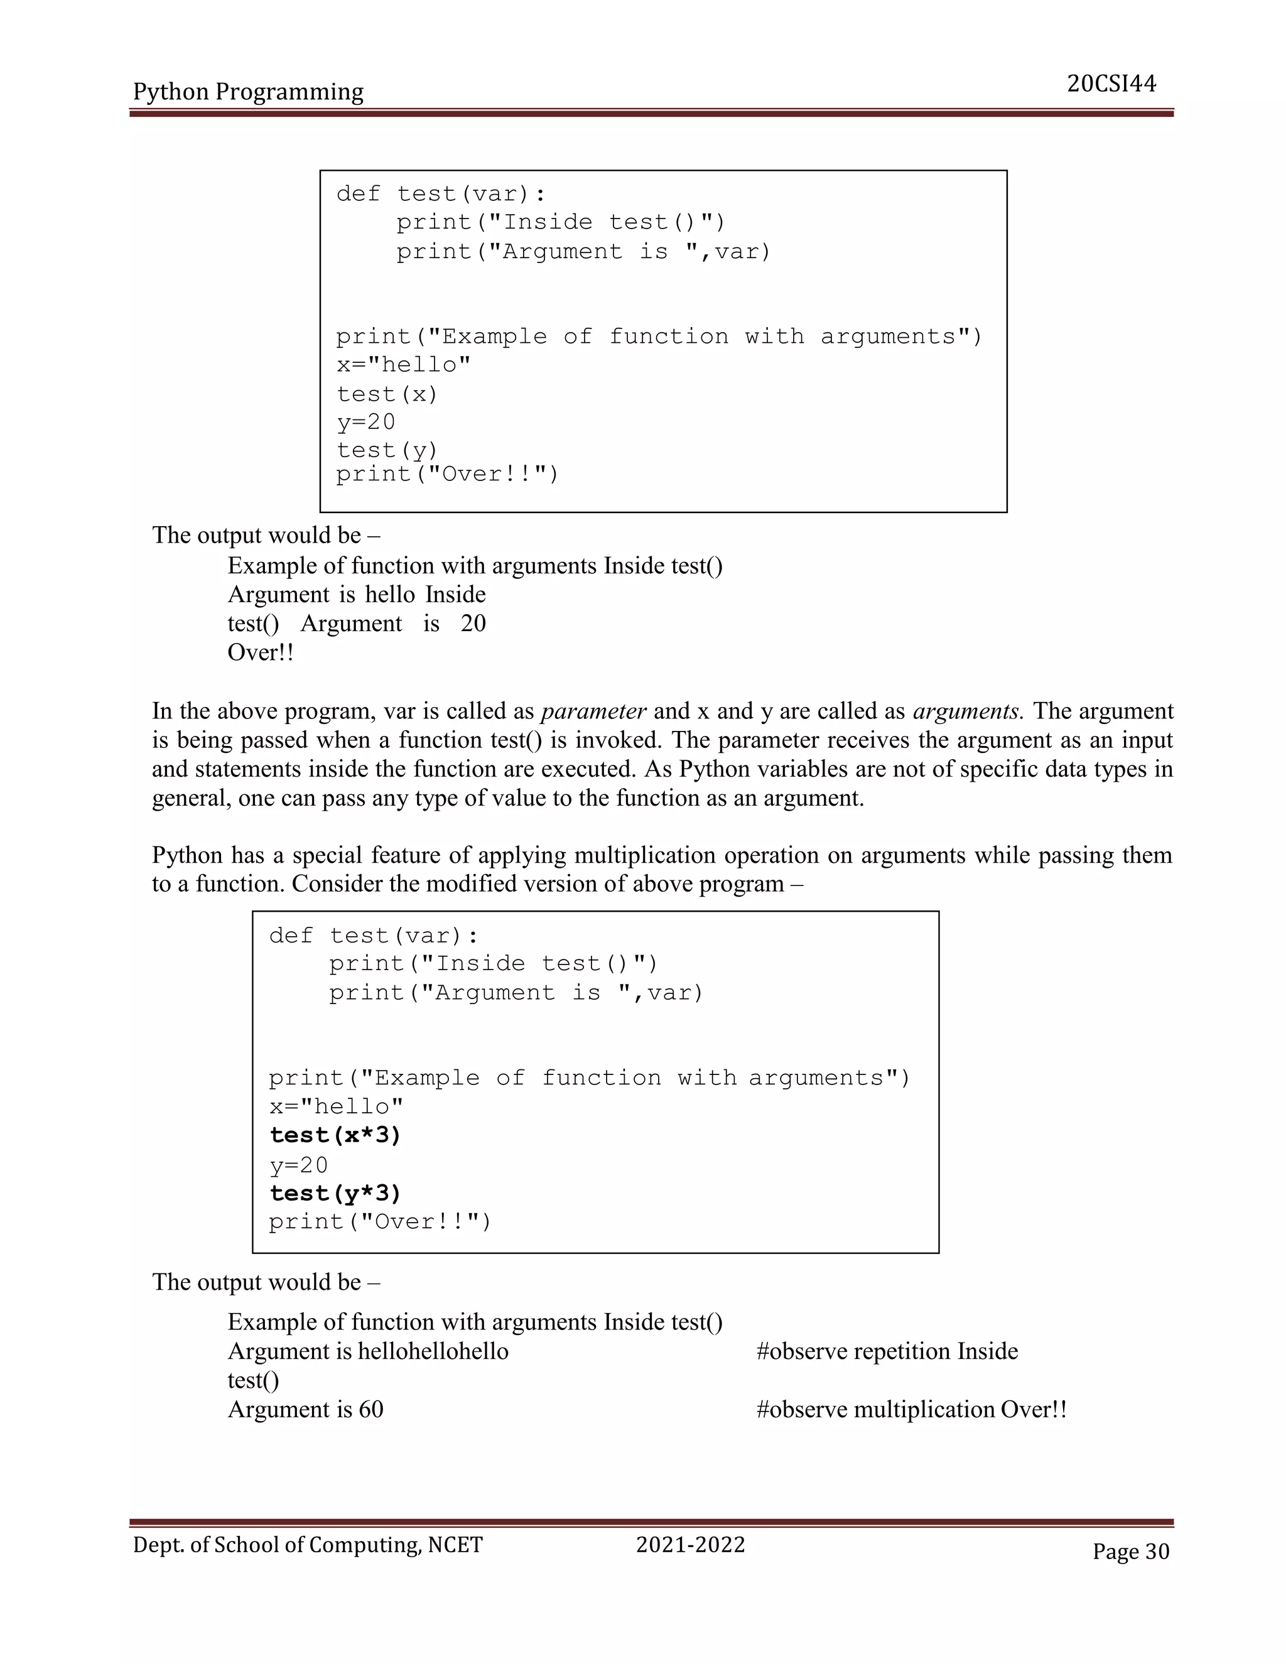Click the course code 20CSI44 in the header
pyautogui.click(x=1111, y=84)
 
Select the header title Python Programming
pyautogui.click(x=249, y=92)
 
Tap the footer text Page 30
pyautogui.click(x=1130, y=1550)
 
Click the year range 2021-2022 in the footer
pyautogui.click(x=690, y=1545)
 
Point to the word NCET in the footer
pyautogui.click(x=455, y=1545)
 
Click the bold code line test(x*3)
pyautogui.click(x=335, y=1135)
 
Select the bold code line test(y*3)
pyautogui.click(x=335, y=1193)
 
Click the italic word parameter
pyautogui.click(x=593, y=711)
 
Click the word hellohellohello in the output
pyautogui.click(x=433, y=1351)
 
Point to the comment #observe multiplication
pyautogui.click(x=875, y=1409)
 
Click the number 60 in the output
pyautogui.click(x=371, y=1409)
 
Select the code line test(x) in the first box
pyautogui.click(x=387, y=394)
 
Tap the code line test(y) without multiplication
pyautogui.click(x=387, y=450)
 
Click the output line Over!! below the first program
pyautogui.click(x=261, y=652)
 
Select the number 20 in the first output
pyautogui.click(x=473, y=624)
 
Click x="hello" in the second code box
pyautogui.click(x=336, y=1106)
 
